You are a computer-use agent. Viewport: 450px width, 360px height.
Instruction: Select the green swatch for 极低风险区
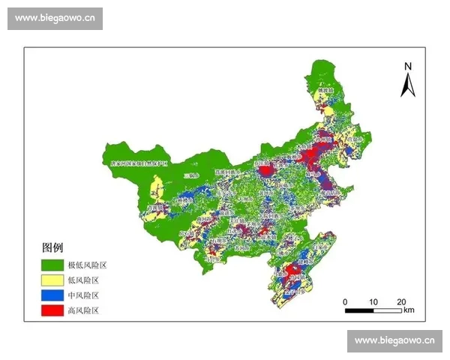pos(52,265)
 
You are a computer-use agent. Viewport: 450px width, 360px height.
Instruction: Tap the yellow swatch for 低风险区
pos(52,280)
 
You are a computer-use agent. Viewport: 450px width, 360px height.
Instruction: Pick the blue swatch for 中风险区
pos(52,295)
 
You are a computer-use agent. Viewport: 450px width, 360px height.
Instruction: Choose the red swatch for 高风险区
pos(52,310)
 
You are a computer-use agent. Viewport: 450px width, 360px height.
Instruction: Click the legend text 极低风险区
pos(88,265)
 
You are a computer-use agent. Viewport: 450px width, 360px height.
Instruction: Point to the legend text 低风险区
pos(83,280)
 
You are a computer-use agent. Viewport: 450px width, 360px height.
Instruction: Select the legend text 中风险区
pos(83,295)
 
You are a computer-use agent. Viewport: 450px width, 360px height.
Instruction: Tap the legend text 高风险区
pos(83,310)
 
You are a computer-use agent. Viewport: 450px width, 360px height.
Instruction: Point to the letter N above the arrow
pos(408,66)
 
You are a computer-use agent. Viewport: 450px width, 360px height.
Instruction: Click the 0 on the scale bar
pos(345,301)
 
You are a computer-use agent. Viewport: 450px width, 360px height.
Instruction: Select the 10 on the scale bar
pos(373,301)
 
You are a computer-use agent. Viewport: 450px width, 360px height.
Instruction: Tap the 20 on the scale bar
pos(401,301)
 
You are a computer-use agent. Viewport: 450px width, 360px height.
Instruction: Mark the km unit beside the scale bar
pos(409,310)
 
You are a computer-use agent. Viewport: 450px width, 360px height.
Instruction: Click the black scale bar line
pos(373,309)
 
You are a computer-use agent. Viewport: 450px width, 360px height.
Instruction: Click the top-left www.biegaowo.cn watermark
pos(55,19)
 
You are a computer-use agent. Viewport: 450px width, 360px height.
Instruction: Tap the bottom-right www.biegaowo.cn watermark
pos(394,340)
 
